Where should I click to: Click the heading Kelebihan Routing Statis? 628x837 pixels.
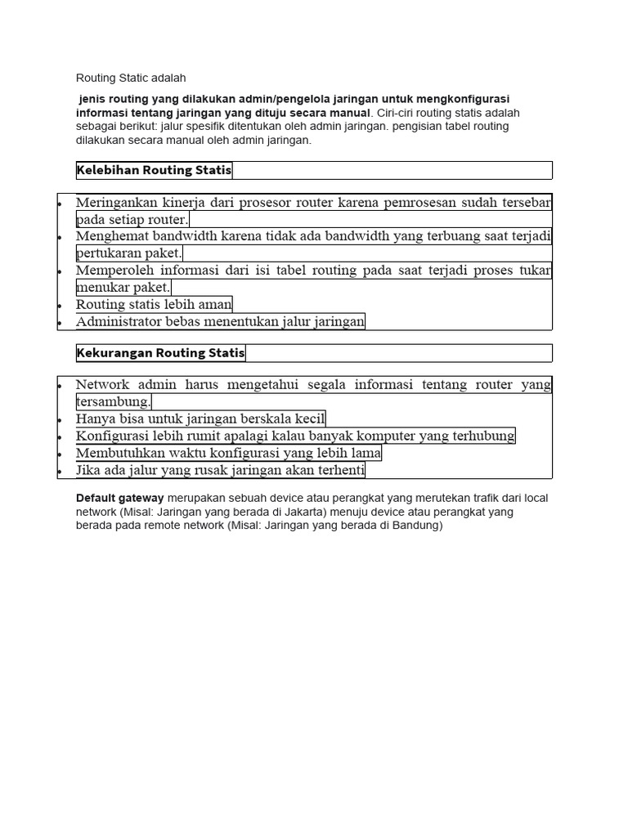click(x=155, y=170)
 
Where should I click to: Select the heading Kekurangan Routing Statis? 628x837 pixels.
click(x=160, y=353)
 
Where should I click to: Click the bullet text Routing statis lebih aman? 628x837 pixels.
click(x=154, y=304)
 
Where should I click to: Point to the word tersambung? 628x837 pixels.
click(x=113, y=401)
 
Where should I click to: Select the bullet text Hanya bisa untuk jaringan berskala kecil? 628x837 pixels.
click(x=200, y=418)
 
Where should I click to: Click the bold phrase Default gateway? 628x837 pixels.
click(x=119, y=498)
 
